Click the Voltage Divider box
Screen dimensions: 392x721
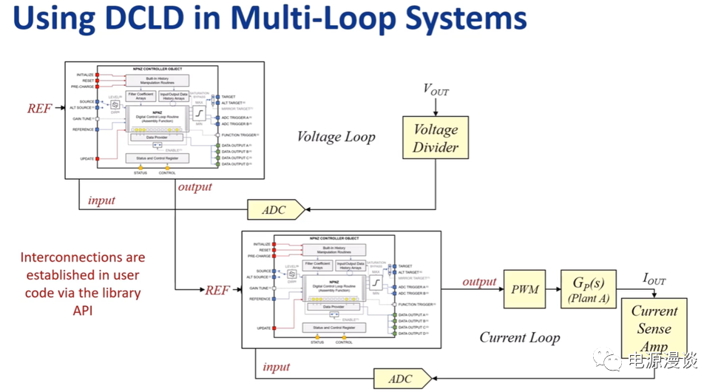[x=436, y=138]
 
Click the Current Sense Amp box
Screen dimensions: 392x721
[x=654, y=328]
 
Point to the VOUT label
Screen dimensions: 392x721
[x=436, y=90]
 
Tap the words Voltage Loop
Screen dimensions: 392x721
[x=336, y=137]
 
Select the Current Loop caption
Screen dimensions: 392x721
[x=520, y=338]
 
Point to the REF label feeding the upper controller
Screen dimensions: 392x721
[x=40, y=109]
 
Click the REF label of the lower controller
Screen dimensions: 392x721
[x=217, y=290]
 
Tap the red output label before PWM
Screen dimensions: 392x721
[x=479, y=282]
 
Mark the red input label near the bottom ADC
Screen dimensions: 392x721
[x=277, y=367]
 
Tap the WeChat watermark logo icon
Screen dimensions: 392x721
[x=612, y=360]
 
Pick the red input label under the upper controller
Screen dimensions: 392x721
[x=102, y=200]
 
